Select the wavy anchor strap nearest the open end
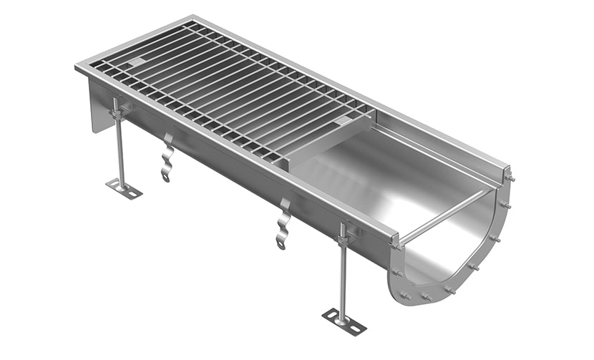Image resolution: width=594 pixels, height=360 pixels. tap(283, 225)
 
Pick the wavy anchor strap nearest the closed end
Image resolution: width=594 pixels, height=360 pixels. tap(167, 157)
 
